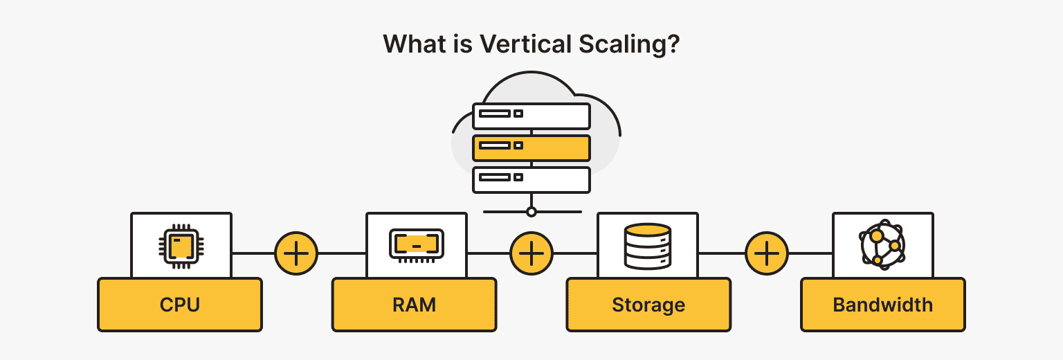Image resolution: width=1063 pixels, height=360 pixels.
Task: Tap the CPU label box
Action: point(180,305)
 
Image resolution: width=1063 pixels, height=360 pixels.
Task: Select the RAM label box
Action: point(414,305)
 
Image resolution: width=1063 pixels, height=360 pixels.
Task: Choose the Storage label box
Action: point(648,305)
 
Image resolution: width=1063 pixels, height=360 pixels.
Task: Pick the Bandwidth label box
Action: point(882,305)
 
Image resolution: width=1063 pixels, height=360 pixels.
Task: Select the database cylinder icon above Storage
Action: point(647,245)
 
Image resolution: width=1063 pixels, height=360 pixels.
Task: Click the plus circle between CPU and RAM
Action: point(296,253)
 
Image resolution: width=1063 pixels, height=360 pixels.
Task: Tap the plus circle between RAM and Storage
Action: point(531,253)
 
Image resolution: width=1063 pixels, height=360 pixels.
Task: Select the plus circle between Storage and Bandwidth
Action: point(766,253)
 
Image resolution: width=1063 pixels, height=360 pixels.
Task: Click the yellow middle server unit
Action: point(531,147)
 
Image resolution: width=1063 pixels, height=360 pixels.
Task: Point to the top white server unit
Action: point(531,116)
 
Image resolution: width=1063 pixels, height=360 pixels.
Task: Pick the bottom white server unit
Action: point(531,179)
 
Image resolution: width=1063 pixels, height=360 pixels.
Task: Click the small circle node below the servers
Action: point(531,212)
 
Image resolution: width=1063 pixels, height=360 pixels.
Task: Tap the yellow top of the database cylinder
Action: point(647,230)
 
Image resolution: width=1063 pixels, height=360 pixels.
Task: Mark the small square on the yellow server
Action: point(518,146)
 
